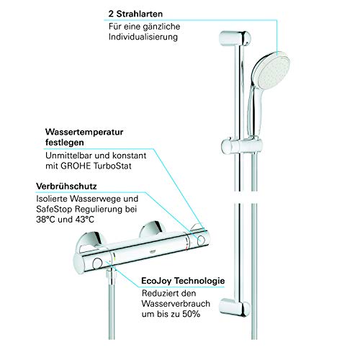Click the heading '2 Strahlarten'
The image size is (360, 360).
coord(135,13)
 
